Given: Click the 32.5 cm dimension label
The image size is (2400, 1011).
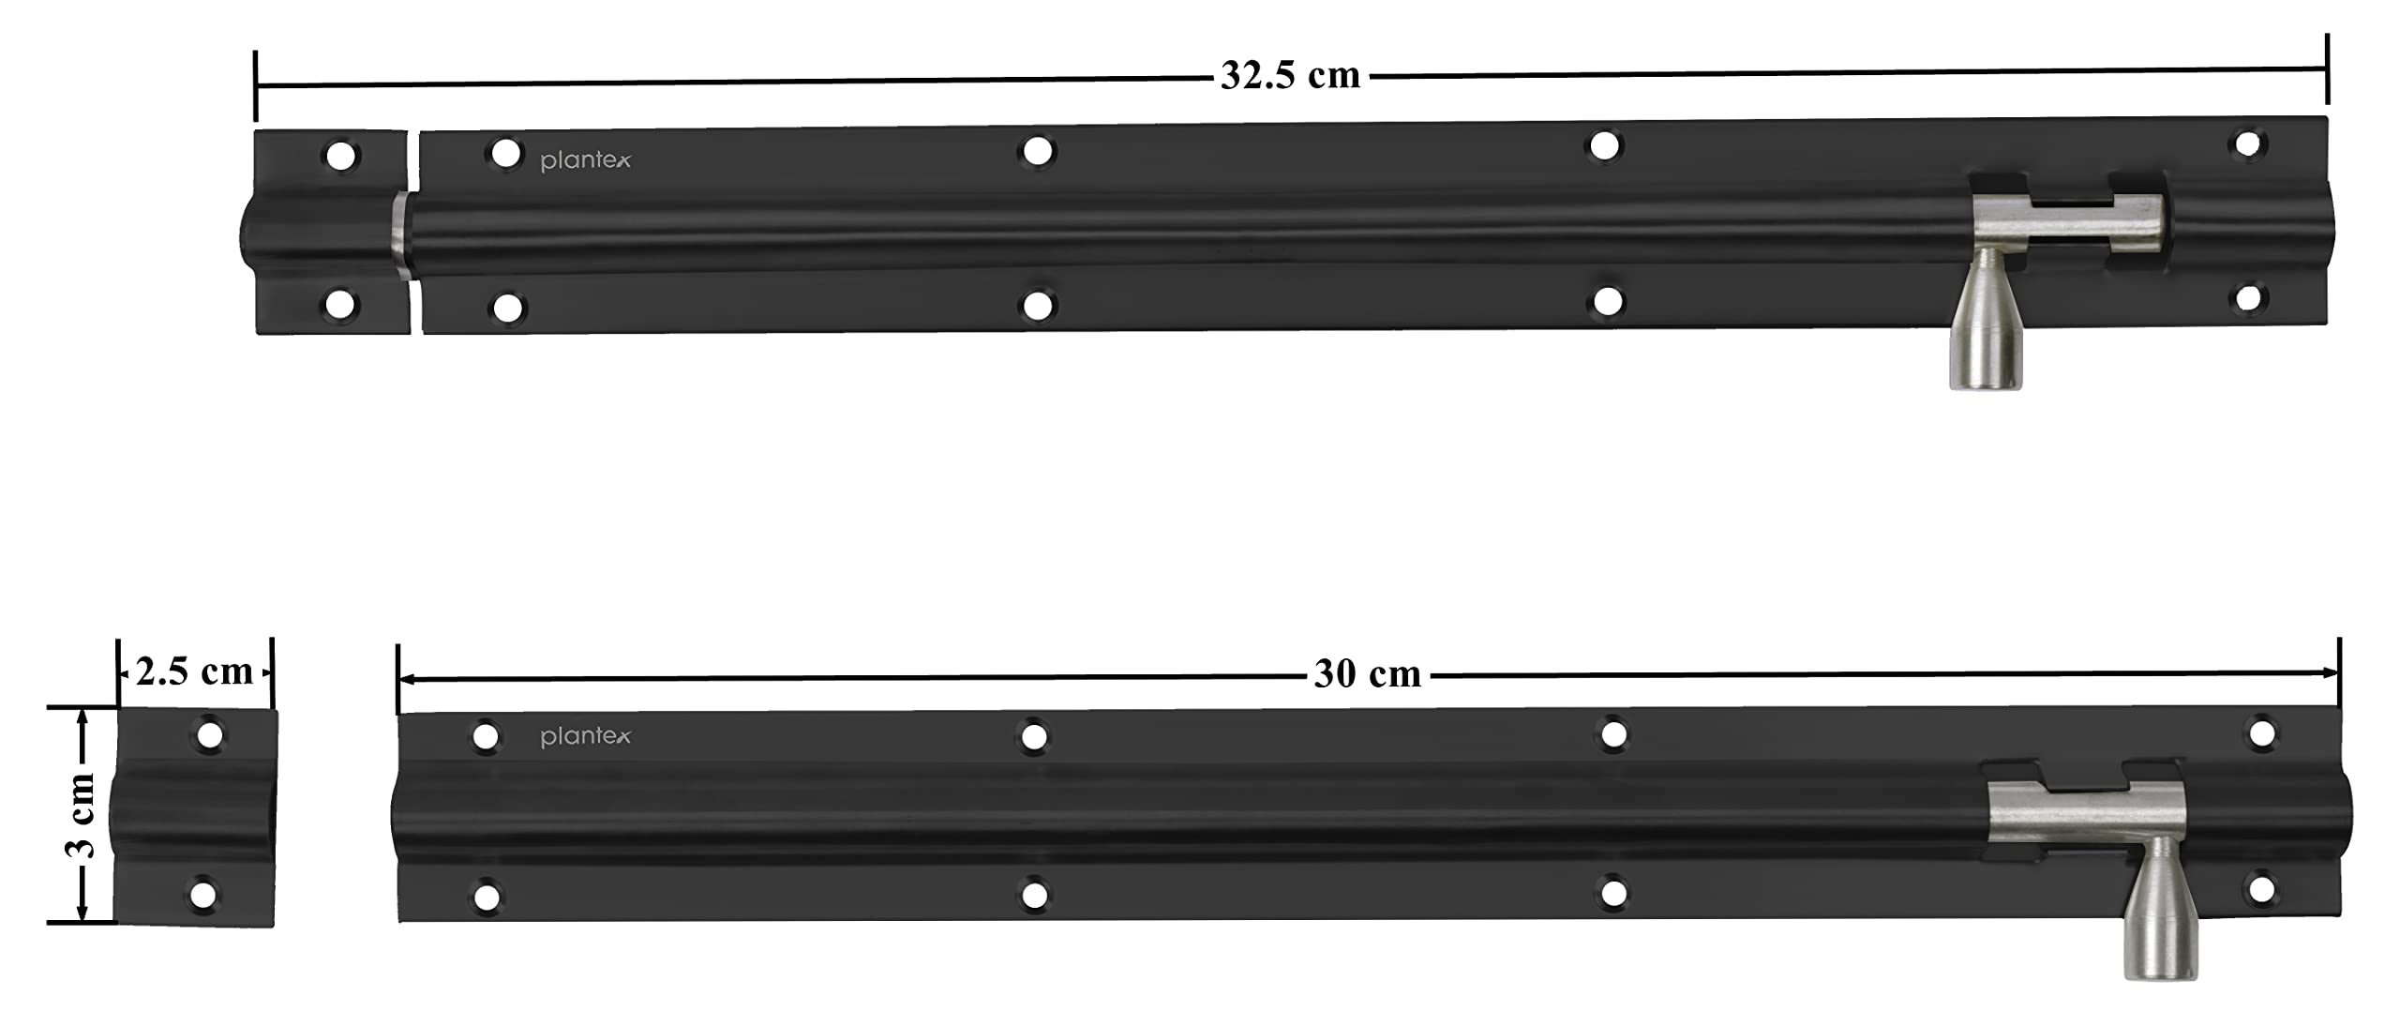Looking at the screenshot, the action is point(1290,75).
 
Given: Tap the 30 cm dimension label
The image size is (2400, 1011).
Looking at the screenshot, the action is point(1367,674).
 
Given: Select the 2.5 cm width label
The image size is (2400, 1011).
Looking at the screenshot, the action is point(194,671).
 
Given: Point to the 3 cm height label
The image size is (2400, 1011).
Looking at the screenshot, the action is point(82,816).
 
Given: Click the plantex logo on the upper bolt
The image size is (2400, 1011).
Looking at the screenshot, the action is point(586,161).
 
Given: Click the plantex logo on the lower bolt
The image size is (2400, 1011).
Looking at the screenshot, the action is point(586,737).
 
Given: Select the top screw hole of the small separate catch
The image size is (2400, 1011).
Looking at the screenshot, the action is point(209,734).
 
